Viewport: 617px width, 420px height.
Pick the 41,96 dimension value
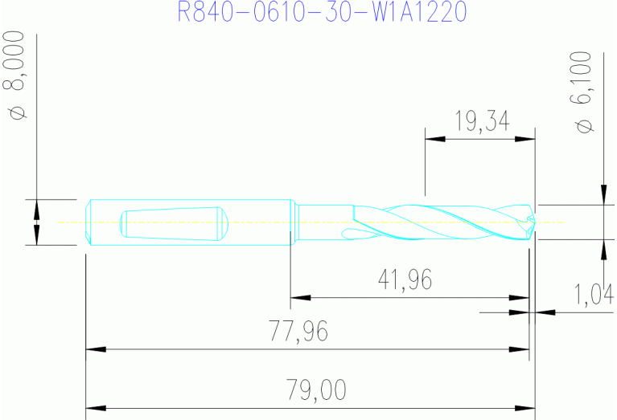tap(405, 279)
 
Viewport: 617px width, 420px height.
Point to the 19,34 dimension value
tap(480, 121)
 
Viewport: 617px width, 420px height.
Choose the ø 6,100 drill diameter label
tap(585, 93)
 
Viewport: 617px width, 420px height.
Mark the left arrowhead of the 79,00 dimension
tap(95, 408)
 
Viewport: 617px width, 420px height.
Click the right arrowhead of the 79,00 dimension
tap(526, 408)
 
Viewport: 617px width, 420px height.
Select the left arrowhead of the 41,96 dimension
tap(300, 298)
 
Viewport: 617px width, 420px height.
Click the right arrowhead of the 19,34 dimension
tap(526, 140)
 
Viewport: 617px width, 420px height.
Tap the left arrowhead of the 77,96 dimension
tap(95, 349)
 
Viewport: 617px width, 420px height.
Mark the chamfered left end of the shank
tap(88, 222)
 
